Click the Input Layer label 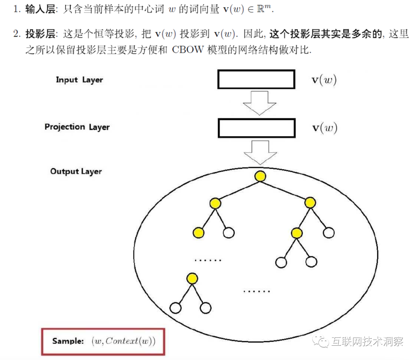pos(79,80)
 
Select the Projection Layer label pos(77,127)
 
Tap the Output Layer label pos(76,171)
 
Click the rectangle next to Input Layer pos(256,79)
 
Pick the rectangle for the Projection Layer pos(257,128)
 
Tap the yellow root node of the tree pos(260,176)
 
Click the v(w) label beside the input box pos(324,80)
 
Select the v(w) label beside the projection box pos(324,128)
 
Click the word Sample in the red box pos(68,341)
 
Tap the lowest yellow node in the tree pos(192,278)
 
